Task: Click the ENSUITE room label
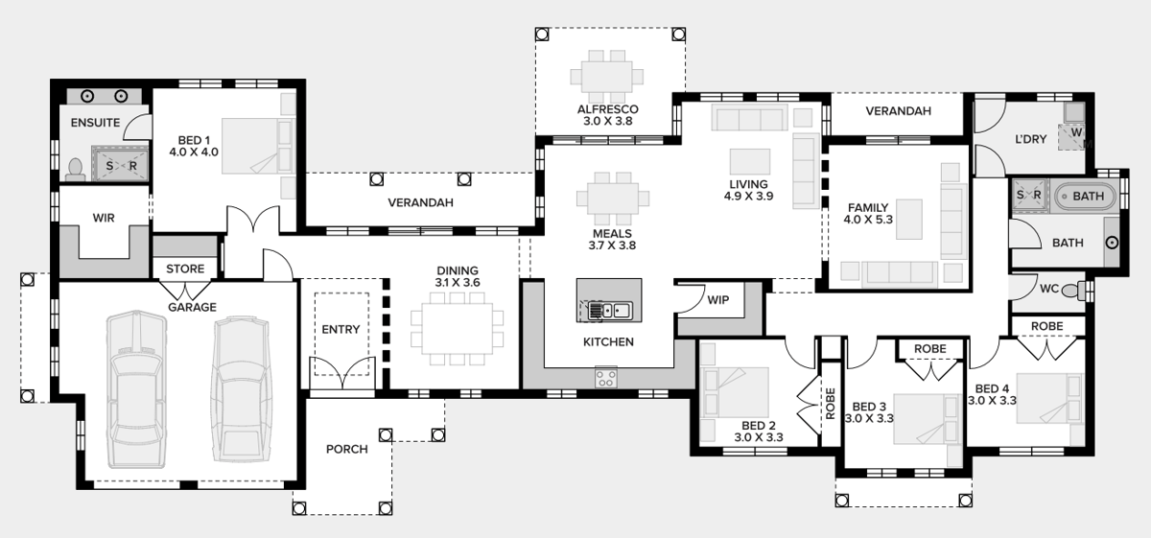(x=95, y=123)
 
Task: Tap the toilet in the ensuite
(x=76, y=168)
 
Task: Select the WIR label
(x=104, y=218)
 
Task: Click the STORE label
(x=185, y=269)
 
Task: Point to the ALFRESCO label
(x=608, y=109)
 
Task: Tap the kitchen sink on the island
(x=608, y=310)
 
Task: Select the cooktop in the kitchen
(x=606, y=377)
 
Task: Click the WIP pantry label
(x=718, y=300)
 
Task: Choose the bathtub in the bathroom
(x=1087, y=198)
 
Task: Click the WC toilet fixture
(x=1084, y=289)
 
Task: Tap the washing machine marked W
(x=1076, y=133)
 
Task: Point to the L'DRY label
(x=1030, y=139)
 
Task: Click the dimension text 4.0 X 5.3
(x=868, y=220)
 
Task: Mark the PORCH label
(x=346, y=449)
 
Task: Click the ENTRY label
(x=341, y=330)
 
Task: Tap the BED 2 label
(x=758, y=425)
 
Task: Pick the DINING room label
(x=457, y=271)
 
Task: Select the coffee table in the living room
(x=749, y=159)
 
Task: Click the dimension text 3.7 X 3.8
(x=612, y=246)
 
